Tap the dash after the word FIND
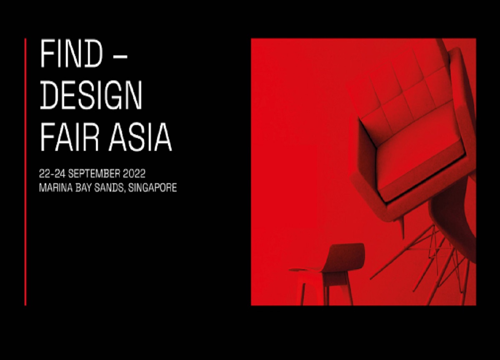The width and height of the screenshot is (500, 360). (119, 57)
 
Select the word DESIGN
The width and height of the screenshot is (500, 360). (91, 95)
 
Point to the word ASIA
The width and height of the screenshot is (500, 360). (140, 137)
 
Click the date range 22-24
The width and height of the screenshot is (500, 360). (52, 174)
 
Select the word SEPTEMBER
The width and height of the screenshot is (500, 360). (94, 174)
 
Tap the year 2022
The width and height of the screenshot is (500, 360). (134, 174)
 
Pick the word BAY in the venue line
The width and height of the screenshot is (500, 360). (83, 187)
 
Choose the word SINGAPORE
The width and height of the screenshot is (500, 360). (152, 187)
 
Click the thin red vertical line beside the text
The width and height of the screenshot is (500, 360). (25, 172)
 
